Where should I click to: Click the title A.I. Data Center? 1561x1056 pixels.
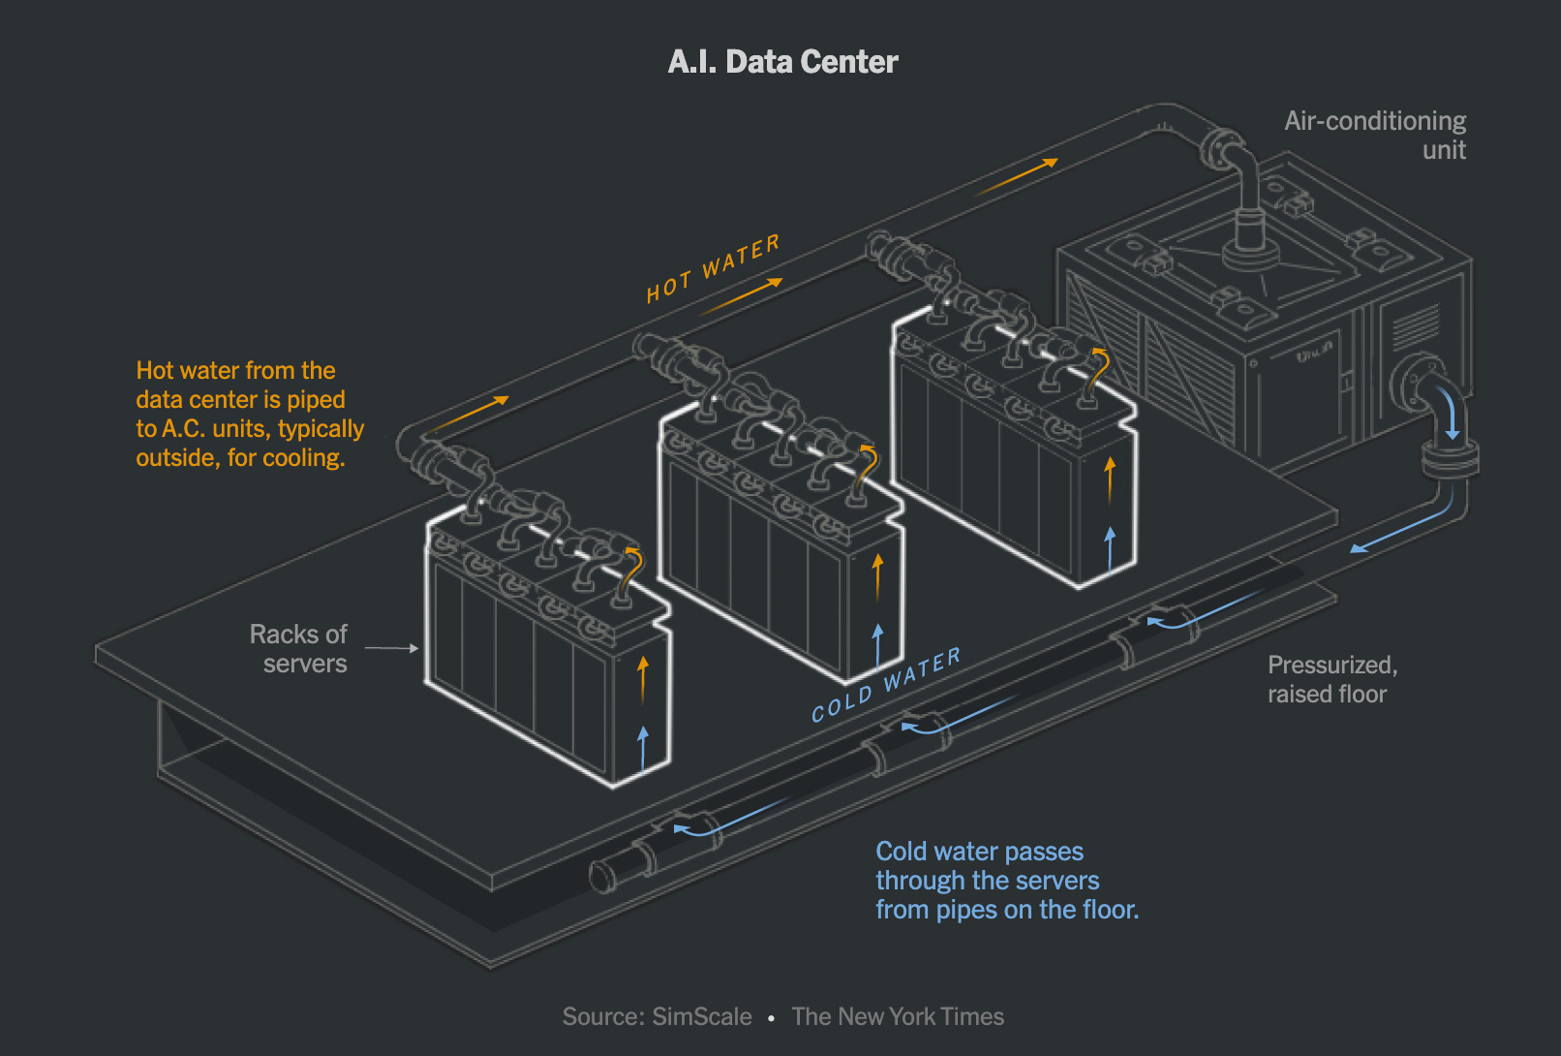[782, 62]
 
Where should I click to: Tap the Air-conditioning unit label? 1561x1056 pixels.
[1374, 135]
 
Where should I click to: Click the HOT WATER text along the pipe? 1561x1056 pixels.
[713, 268]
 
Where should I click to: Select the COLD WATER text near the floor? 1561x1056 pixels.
[886, 685]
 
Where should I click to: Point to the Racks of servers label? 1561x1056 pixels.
[298, 648]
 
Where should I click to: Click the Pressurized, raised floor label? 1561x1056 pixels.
[1331, 679]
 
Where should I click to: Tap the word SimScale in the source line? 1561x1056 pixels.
[702, 1016]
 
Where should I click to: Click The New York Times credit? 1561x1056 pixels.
[898, 1016]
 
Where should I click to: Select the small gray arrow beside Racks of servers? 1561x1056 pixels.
[391, 648]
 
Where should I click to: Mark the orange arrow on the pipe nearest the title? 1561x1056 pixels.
[1016, 176]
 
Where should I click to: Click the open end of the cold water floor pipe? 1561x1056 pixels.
[602, 876]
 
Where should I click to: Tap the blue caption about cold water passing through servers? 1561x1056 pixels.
[1007, 880]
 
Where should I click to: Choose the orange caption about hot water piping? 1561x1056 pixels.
[250, 414]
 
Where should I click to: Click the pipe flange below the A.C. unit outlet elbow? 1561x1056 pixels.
[1450, 458]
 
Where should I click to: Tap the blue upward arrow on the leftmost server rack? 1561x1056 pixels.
[643, 747]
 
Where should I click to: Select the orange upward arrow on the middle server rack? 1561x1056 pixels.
[877, 576]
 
